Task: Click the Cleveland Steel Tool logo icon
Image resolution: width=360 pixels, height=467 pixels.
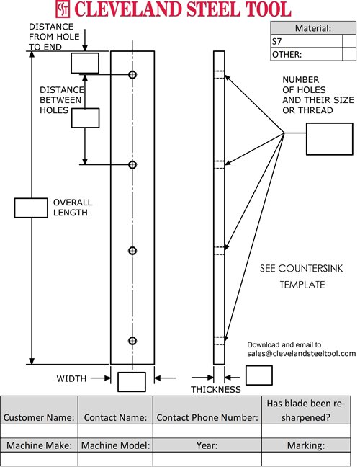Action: click(x=64, y=9)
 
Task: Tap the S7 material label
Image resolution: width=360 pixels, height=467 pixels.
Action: click(x=277, y=41)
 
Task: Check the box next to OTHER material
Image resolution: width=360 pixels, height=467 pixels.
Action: click(x=349, y=54)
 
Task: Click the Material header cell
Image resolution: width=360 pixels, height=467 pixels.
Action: click(x=313, y=29)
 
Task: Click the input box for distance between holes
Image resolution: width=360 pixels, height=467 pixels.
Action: click(x=84, y=118)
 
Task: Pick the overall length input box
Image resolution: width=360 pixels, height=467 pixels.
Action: click(x=30, y=208)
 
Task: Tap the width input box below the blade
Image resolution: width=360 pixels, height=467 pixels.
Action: click(x=132, y=381)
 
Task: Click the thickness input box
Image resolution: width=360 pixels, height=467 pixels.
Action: click(x=259, y=375)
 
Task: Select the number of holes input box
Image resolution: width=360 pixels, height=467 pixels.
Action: click(x=328, y=136)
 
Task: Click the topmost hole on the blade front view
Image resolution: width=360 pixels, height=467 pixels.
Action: click(x=132, y=75)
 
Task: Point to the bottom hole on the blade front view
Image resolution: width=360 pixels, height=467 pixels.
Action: click(x=132, y=340)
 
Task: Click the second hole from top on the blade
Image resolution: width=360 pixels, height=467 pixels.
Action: click(x=132, y=165)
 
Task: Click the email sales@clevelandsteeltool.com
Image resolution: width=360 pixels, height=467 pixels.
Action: click(x=302, y=353)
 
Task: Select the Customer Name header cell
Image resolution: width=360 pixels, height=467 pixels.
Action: click(x=39, y=417)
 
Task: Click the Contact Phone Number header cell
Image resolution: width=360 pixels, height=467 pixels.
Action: click(x=207, y=417)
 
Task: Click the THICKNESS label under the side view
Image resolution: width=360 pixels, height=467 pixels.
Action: click(x=215, y=390)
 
